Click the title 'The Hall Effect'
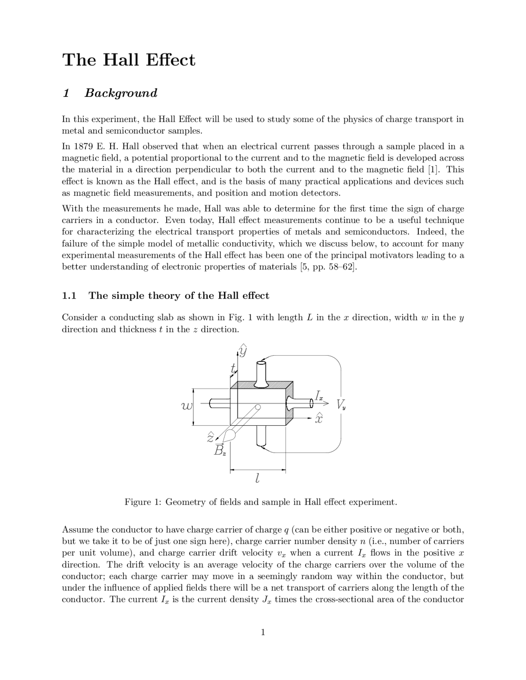129,60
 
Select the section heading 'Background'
121,93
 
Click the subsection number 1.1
69,296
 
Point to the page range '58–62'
339,267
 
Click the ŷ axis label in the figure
243,351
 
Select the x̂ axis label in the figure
318,418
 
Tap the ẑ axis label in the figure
210,438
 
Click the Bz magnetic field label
219,450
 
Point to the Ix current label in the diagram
319,396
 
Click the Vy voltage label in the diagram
341,405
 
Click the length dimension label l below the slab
257,478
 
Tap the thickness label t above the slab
233,368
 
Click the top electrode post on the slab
261,374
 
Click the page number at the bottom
263,632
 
